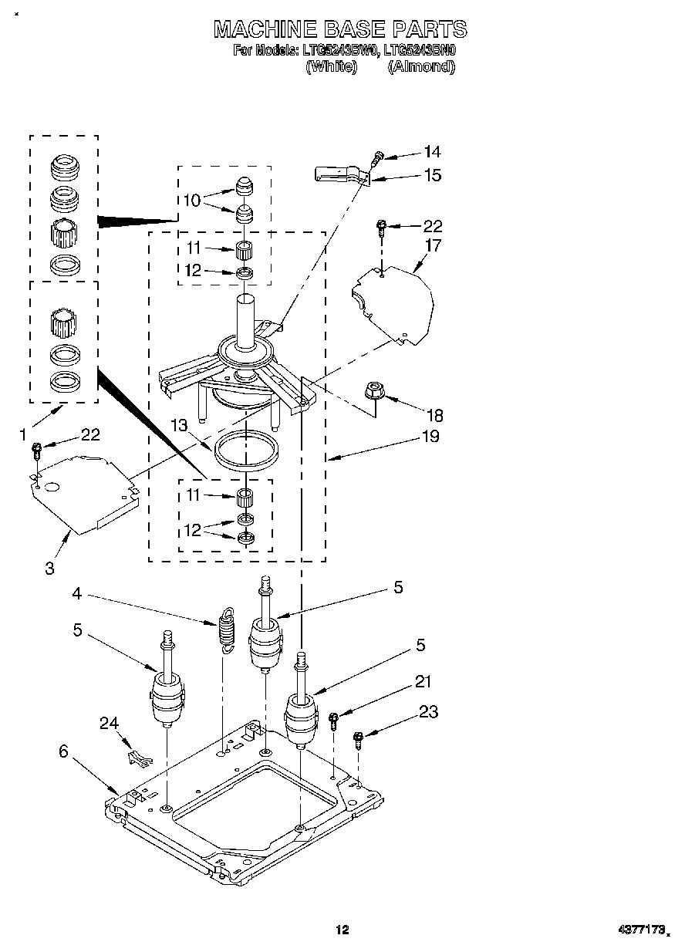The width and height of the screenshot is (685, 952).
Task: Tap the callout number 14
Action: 433,152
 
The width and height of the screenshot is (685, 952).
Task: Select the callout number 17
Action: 433,246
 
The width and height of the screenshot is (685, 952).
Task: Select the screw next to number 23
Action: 359,739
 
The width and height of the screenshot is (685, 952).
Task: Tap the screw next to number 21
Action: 333,721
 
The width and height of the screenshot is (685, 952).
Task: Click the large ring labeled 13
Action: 246,452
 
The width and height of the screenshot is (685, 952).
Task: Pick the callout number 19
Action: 430,437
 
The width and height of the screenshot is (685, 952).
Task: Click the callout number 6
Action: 63,749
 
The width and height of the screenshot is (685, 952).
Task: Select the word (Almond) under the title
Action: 420,66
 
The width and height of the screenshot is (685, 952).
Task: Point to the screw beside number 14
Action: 377,158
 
